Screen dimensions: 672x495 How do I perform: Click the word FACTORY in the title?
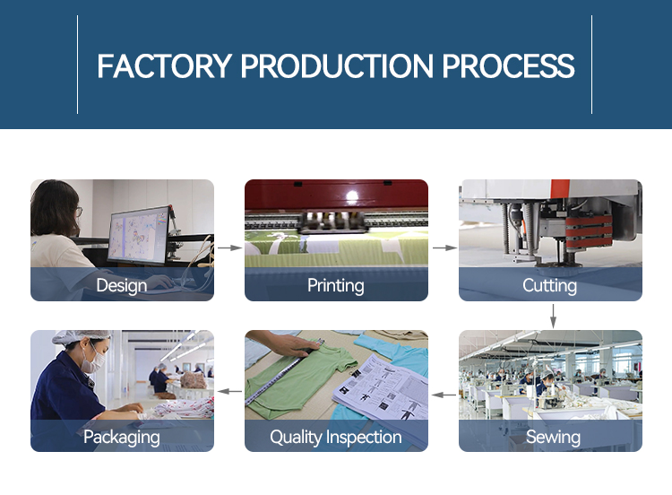(x=165, y=66)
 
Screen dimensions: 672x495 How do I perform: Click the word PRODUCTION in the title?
(x=337, y=66)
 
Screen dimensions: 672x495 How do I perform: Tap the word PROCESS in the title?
(x=508, y=66)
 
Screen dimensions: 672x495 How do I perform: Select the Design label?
(x=122, y=286)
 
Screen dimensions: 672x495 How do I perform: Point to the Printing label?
(x=336, y=286)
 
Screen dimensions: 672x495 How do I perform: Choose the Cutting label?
(x=550, y=286)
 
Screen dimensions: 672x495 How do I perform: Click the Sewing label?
(x=554, y=437)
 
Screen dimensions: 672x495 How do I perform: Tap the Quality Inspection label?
(x=336, y=437)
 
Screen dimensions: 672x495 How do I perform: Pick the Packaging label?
(x=122, y=437)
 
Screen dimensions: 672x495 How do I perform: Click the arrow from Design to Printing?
(x=229, y=247)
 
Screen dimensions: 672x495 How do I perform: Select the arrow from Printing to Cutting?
(x=444, y=247)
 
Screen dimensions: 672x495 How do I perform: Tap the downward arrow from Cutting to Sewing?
(x=554, y=317)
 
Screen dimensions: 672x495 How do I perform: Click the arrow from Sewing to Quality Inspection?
(x=444, y=395)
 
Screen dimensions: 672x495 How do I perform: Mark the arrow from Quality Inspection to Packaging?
(x=229, y=391)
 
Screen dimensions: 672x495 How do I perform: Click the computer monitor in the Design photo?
(x=138, y=235)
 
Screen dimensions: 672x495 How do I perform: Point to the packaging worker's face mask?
(x=94, y=361)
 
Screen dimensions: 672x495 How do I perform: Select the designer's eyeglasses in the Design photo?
(x=79, y=212)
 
